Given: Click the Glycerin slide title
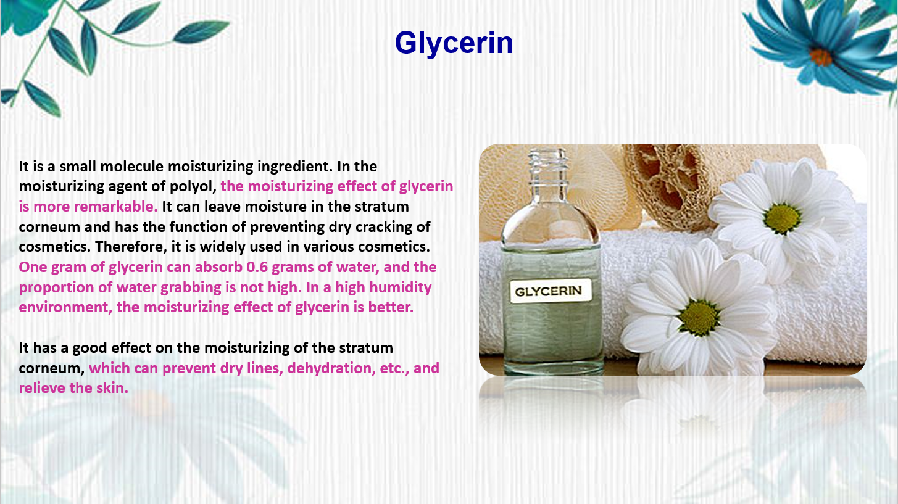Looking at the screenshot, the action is click(x=454, y=43).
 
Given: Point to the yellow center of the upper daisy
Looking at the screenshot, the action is click(x=782, y=218).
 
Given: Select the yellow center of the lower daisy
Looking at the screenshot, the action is click(x=699, y=318).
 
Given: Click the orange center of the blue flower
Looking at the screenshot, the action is click(x=820, y=57).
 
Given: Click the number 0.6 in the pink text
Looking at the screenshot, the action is click(x=257, y=267).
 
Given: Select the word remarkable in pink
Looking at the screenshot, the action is click(x=115, y=207).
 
